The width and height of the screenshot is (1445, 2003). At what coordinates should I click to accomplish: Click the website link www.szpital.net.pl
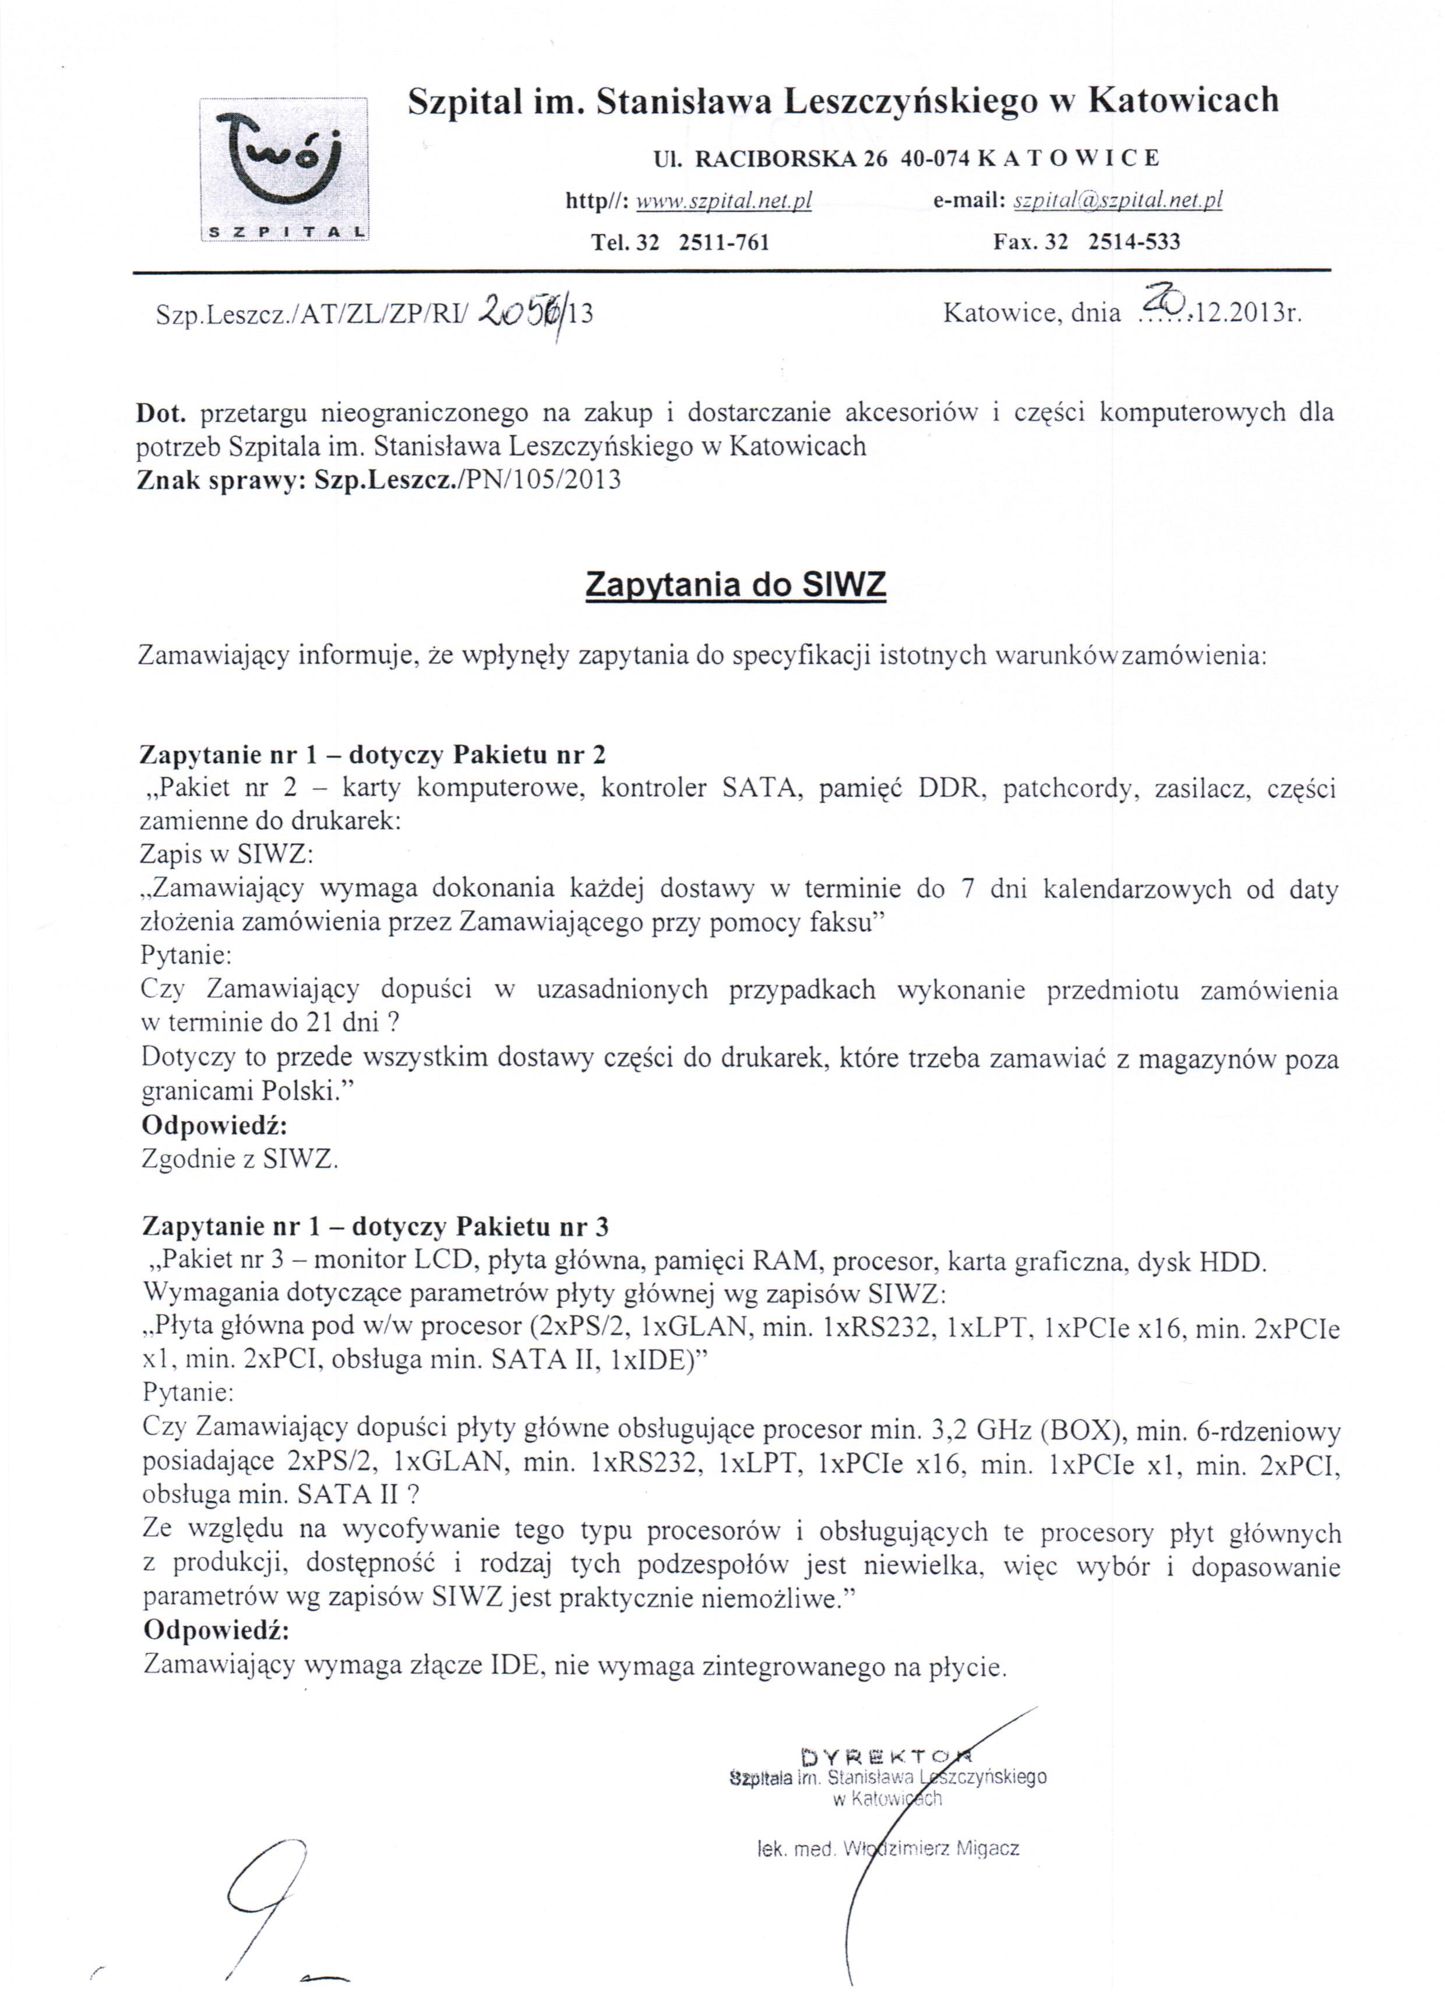[x=724, y=202]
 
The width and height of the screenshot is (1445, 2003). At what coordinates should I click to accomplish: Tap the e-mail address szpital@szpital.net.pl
[x=1118, y=202]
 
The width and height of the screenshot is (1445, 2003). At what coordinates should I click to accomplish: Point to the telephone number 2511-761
[x=724, y=242]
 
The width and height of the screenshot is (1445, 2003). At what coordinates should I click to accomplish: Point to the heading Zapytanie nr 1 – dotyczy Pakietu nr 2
[x=373, y=754]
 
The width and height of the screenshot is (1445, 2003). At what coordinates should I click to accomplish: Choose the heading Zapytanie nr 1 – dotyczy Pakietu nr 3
[x=375, y=1227]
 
